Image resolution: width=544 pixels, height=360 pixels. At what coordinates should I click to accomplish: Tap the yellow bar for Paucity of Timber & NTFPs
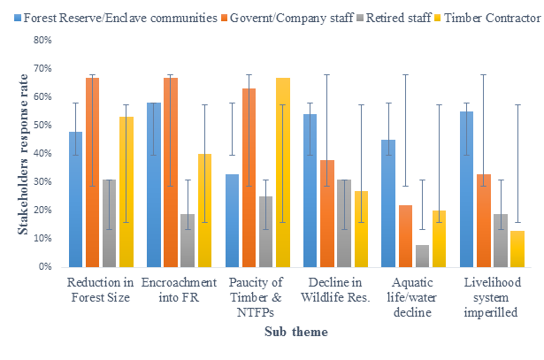[283, 172]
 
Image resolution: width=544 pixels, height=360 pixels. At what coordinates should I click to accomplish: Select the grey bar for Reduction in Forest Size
[109, 223]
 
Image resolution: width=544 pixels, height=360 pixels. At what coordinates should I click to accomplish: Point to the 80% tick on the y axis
[44, 40]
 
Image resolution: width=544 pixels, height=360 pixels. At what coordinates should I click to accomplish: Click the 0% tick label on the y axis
[46, 266]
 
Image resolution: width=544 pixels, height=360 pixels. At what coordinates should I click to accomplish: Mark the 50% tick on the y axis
[44, 125]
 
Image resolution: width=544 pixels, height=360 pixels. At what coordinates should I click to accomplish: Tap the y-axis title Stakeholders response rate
[23, 154]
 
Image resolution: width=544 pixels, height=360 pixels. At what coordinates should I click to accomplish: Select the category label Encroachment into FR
[179, 290]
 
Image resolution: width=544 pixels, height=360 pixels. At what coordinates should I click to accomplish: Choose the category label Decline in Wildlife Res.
[334, 290]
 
